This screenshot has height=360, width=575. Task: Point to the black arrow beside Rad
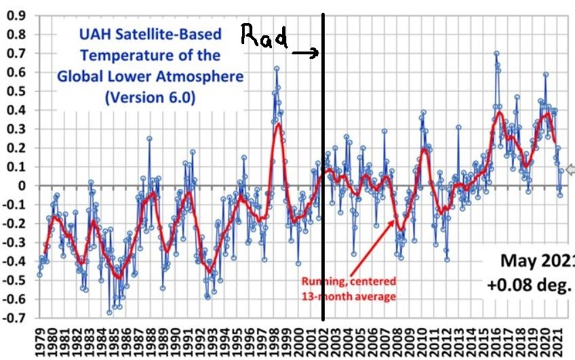[x=306, y=53]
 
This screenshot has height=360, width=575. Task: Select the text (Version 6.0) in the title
[x=150, y=97]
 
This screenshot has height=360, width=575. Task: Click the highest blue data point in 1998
[x=277, y=68]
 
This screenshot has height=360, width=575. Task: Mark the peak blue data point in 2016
[x=496, y=54]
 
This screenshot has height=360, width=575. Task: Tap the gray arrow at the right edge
[x=570, y=169]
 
